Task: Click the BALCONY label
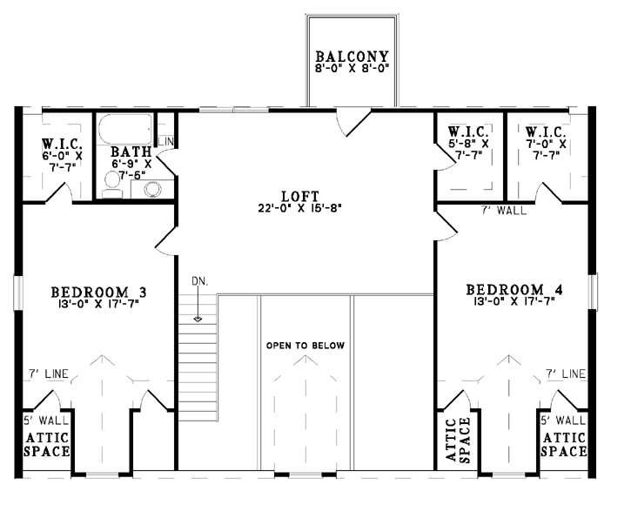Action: click(352, 57)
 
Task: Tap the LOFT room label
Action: click(300, 197)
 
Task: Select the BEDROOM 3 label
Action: click(98, 292)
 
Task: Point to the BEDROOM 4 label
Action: click(514, 290)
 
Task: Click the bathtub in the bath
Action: click(125, 129)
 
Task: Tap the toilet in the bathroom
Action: click(112, 185)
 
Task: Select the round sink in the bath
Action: click(152, 189)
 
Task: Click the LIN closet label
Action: click(165, 141)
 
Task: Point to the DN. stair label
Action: click(200, 281)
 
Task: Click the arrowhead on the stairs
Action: click(198, 320)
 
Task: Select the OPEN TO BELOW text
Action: click(305, 346)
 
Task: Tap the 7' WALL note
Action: click(504, 210)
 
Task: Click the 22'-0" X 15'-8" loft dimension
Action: click(300, 208)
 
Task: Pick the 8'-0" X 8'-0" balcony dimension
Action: click(352, 68)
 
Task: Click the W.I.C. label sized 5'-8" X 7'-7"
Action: click(468, 131)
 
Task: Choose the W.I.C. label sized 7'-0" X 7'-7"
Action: click(546, 132)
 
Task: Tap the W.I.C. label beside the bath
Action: click(63, 144)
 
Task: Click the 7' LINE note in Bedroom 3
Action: click(48, 374)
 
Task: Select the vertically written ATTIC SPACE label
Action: click(459, 440)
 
